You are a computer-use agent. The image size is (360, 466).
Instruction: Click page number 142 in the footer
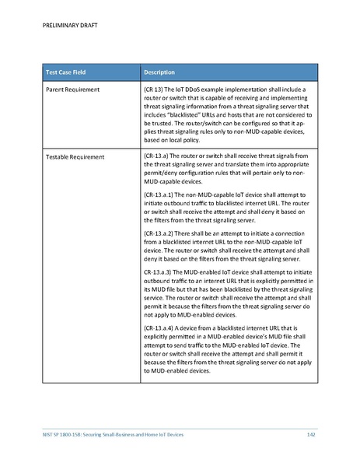point(309,433)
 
